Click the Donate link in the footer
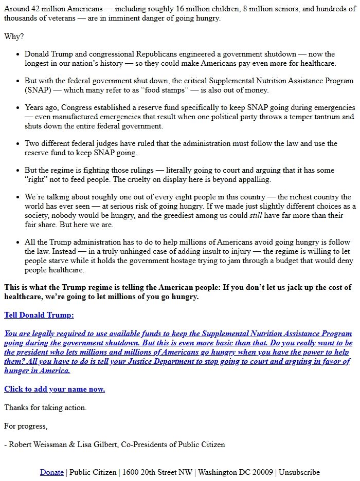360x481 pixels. [x=52, y=472]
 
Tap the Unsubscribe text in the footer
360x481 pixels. [x=299, y=472]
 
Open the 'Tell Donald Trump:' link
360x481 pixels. [x=39, y=315]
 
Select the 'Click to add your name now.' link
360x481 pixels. [x=55, y=389]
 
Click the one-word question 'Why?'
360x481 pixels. [x=14, y=36]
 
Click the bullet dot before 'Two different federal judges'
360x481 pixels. [x=19, y=144]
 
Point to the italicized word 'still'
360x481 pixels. [x=256, y=215]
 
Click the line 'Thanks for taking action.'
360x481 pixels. [x=45, y=408]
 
